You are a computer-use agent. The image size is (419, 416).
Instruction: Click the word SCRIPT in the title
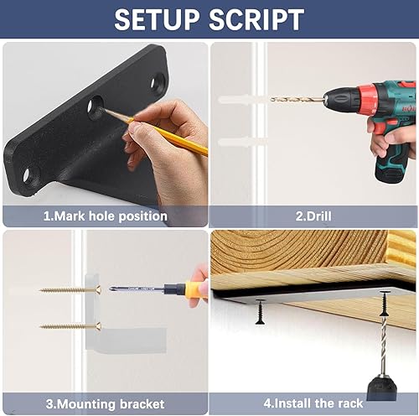(256, 19)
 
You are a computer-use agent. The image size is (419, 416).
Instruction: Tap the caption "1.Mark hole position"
(106, 216)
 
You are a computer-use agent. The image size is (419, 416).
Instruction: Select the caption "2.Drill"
(313, 216)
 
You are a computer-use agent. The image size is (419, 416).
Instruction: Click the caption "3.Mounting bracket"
(105, 404)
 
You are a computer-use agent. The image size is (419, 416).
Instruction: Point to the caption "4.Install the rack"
(313, 403)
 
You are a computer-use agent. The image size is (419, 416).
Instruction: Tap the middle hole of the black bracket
(96, 107)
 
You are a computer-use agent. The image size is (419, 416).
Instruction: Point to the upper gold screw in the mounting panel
(70, 290)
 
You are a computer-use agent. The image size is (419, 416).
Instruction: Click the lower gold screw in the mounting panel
(70, 325)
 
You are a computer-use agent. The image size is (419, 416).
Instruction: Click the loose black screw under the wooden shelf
(260, 311)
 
